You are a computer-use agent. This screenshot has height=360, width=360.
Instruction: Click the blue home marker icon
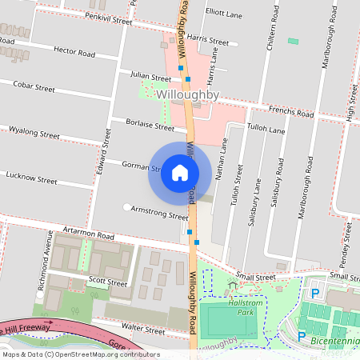[179, 173]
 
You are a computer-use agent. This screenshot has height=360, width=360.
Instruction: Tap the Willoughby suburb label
[188, 95]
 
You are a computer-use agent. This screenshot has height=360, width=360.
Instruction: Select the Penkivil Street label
[108, 18]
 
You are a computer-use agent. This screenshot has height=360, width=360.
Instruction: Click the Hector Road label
[74, 53]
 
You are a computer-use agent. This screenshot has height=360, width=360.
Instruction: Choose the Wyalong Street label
[34, 133]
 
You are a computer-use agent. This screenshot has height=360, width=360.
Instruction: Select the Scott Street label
[107, 282]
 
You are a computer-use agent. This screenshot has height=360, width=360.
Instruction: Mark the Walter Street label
[143, 330]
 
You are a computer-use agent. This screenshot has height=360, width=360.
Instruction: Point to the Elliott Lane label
[224, 13]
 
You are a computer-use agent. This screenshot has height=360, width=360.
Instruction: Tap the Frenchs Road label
[291, 113]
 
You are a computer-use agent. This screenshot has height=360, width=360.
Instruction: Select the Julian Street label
[150, 78]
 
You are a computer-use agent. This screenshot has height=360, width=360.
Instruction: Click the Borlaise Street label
[150, 126]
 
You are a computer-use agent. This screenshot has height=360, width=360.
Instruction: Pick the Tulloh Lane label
[266, 129]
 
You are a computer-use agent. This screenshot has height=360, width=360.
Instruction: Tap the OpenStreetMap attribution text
[80, 354]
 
